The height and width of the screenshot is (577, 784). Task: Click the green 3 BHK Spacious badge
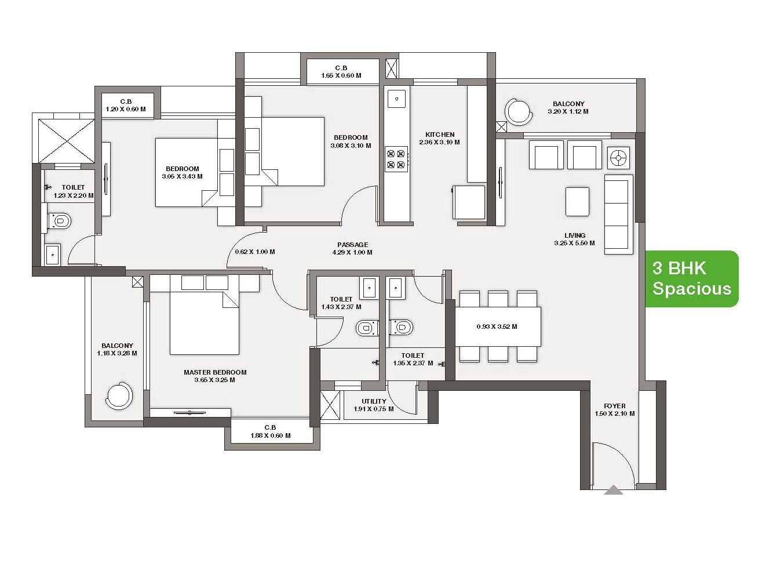pyautogui.click(x=691, y=279)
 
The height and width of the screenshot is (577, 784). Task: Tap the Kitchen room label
pyautogui.click(x=440, y=135)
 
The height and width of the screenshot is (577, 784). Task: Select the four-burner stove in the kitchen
pyautogui.click(x=396, y=159)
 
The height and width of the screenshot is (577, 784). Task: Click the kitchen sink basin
pyautogui.click(x=396, y=99)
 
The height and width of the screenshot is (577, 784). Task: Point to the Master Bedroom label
pyautogui.click(x=215, y=372)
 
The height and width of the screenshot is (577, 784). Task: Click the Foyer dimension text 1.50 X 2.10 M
pyautogui.click(x=615, y=413)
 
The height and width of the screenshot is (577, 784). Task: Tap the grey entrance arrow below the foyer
pyautogui.click(x=613, y=490)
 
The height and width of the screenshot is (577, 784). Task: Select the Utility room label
pyautogui.click(x=374, y=401)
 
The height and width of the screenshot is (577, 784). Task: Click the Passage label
pyautogui.click(x=352, y=245)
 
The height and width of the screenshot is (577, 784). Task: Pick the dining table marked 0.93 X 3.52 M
pyautogui.click(x=497, y=326)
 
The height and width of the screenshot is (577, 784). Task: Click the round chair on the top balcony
pyautogui.click(x=519, y=112)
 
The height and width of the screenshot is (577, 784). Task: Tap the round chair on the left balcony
pyautogui.click(x=119, y=395)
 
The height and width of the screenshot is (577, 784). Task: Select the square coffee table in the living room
pyautogui.click(x=577, y=201)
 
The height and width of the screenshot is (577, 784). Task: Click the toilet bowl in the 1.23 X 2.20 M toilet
pyautogui.click(x=60, y=221)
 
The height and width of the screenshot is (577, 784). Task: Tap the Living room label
pyautogui.click(x=575, y=235)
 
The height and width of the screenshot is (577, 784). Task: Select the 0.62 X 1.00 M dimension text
pyautogui.click(x=255, y=252)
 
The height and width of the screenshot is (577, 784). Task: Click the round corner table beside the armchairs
pyautogui.click(x=618, y=158)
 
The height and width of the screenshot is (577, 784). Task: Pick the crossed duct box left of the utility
pyautogui.click(x=330, y=404)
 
